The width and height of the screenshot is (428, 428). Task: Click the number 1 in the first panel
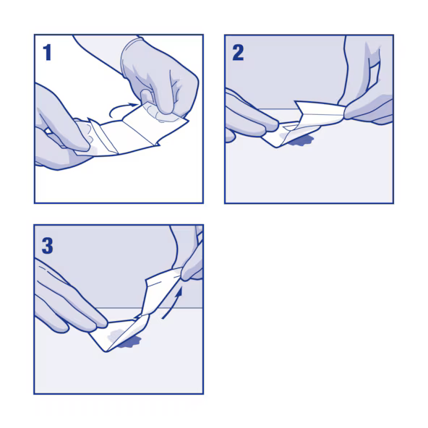coord(47,52)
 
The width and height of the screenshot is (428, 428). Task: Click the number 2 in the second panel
coord(238,53)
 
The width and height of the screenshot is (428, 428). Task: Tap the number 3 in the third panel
coord(47,246)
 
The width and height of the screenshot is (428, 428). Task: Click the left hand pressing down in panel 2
coord(249,117)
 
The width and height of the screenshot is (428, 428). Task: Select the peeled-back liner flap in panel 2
coord(320,112)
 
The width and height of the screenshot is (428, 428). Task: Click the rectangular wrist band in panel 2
coord(373,74)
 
